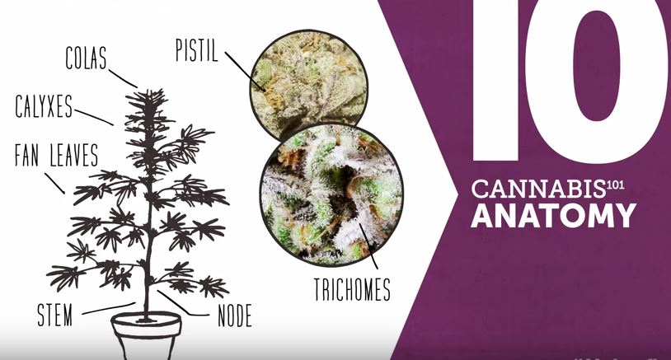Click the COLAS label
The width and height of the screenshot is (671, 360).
pos(86,58)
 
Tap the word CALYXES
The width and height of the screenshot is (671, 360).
pos(44,106)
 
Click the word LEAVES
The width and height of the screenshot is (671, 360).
pos(74,155)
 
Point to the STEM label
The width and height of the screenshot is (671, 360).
pos(54,316)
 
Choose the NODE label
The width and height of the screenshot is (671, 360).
pos(235,316)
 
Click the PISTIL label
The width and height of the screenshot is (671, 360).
pos(197,50)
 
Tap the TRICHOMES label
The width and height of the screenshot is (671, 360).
pos(352,289)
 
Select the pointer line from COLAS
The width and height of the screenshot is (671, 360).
pos(124,78)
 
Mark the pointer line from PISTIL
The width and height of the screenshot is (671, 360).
pos(245,72)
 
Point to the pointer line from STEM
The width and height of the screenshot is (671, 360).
pos(109,308)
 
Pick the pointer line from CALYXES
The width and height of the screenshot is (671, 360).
pos(94,117)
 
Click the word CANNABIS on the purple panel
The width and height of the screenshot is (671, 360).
pos(538,189)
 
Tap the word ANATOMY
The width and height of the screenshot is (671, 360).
pos(554,216)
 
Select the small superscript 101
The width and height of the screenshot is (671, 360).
pos(616,185)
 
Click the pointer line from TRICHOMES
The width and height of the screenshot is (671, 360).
pos(368,246)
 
